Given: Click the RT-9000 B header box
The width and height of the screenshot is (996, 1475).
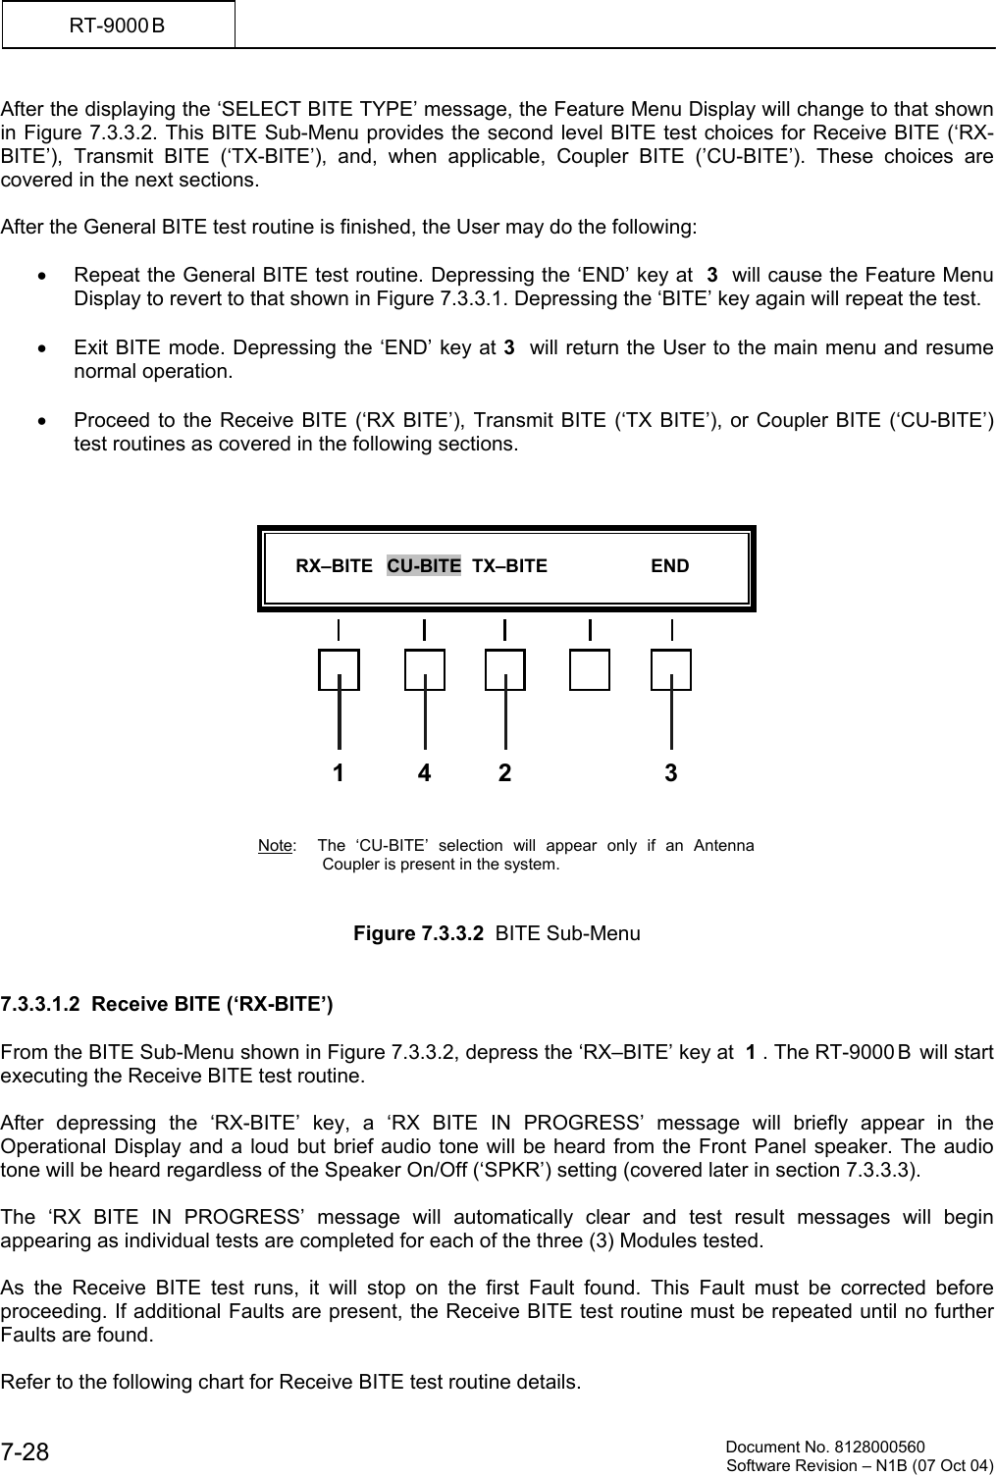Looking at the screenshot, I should (118, 25).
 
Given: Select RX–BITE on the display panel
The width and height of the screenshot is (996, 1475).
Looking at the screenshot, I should (334, 566).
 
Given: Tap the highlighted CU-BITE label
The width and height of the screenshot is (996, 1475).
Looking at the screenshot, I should (423, 566).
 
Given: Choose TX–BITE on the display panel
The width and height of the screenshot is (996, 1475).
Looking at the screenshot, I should (509, 566).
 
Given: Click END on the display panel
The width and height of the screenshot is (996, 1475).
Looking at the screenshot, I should (670, 566).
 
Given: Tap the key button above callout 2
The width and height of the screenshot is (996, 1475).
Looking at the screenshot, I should (504, 669).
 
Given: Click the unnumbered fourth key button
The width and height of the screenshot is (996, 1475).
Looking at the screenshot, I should (590, 669).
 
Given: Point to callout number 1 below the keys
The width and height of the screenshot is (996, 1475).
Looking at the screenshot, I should (339, 773).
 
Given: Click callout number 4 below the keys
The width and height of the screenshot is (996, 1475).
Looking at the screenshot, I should (424, 773).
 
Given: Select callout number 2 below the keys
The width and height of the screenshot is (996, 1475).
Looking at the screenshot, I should (504, 773).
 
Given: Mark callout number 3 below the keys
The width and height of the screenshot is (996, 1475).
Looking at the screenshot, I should (671, 773).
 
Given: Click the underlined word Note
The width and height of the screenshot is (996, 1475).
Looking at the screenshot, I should (275, 846).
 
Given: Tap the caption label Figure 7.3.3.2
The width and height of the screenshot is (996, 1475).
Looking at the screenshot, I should (418, 933).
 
